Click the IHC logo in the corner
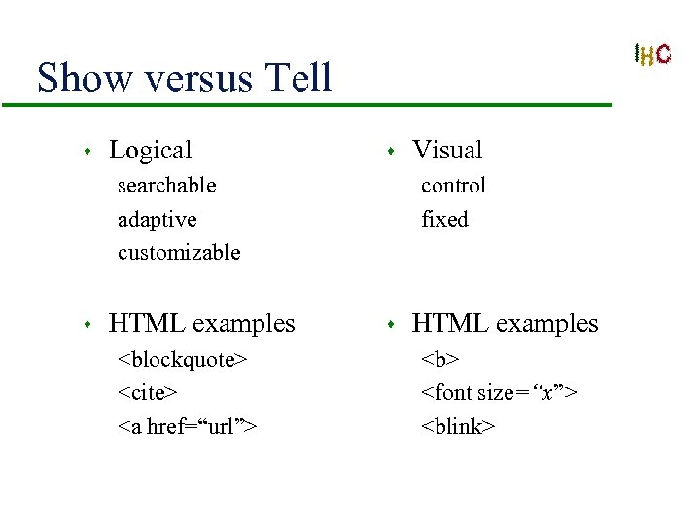[x=651, y=54]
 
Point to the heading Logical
[x=150, y=150]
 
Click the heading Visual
[x=447, y=150]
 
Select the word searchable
[x=166, y=185]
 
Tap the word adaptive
[x=157, y=219]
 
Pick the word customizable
[x=179, y=253]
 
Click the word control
[x=453, y=185]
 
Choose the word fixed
[x=444, y=219]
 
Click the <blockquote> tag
[x=183, y=360]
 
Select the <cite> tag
[x=148, y=393]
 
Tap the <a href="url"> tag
[x=187, y=426]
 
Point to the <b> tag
[x=439, y=360]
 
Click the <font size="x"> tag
[x=499, y=393]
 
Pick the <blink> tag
[x=458, y=426]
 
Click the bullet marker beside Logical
[x=87, y=152]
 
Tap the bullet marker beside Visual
[x=390, y=152]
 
